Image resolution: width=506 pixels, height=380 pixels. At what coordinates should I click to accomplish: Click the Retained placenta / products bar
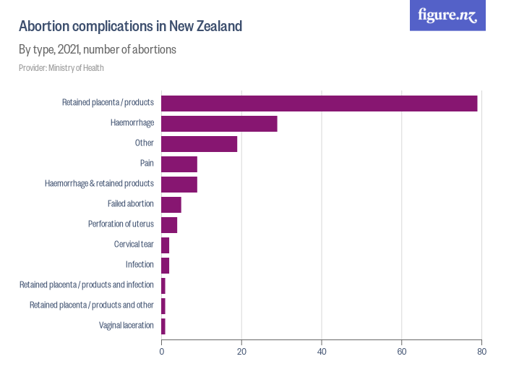click(x=319, y=103)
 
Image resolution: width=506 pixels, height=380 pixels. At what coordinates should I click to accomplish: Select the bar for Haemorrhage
click(x=219, y=123)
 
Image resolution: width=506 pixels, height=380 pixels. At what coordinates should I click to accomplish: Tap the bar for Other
click(x=199, y=143)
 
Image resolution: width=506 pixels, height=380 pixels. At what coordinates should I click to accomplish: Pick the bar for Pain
click(x=179, y=164)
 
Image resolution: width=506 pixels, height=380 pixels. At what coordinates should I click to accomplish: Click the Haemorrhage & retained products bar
click(x=179, y=184)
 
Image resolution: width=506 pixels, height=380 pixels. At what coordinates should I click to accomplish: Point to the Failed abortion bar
click(x=171, y=204)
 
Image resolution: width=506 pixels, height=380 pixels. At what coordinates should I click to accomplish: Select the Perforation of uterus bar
click(x=169, y=224)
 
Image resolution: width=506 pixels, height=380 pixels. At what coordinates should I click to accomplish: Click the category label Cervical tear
click(x=134, y=245)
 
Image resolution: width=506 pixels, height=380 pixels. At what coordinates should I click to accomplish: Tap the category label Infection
click(x=140, y=265)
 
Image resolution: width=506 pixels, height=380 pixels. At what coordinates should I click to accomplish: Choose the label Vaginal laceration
click(x=126, y=326)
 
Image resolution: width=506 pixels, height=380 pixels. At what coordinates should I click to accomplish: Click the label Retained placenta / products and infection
click(x=87, y=285)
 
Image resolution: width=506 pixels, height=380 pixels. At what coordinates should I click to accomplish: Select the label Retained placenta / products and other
click(x=92, y=305)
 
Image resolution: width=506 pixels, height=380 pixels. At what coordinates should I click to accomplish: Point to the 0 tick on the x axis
click(x=161, y=352)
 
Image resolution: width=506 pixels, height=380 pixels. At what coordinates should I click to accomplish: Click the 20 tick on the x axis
click(x=241, y=352)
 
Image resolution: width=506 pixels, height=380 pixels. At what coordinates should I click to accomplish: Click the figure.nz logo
click(x=447, y=15)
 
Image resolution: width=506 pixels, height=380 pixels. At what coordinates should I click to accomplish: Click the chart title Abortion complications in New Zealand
click(x=130, y=27)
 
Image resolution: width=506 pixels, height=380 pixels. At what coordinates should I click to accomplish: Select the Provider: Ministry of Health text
click(x=61, y=68)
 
